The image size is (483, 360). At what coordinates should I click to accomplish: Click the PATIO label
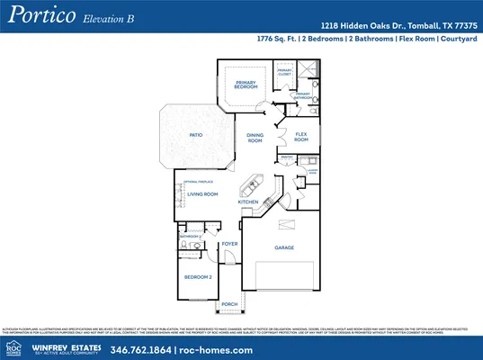(x=195, y=135)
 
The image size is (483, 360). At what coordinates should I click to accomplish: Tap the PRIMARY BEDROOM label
(x=246, y=85)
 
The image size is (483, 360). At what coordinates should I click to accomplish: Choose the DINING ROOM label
(x=255, y=139)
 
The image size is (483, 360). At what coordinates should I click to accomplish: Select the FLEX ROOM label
(x=301, y=138)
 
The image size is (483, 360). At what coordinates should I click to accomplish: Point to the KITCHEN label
(x=248, y=202)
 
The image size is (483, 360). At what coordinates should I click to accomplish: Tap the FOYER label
(x=229, y=244)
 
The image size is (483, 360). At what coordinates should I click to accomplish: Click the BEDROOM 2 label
(x=198, y=277)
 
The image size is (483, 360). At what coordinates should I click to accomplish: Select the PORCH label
(x=229, y=304)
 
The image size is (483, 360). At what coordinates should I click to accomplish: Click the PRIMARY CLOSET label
(x=284, y=71)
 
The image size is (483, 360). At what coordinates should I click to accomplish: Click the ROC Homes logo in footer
(x=13, y=347)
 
